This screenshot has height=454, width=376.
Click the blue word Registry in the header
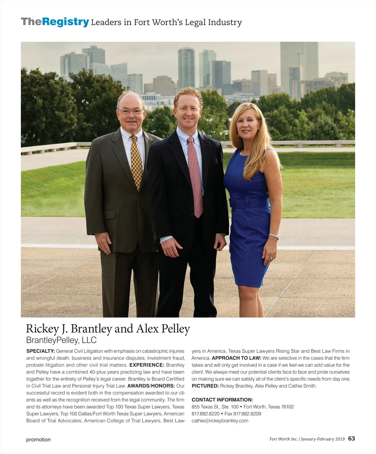pos(65,22)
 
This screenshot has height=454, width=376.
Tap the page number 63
pos(352,438)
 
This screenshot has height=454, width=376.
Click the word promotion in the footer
pos(38,440)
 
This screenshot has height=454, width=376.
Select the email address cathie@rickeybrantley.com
pos(220,420)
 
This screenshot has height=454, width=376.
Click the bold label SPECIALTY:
pos(41,351)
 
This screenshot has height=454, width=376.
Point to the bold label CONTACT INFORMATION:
pos(222,400)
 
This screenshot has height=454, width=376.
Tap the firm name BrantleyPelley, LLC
pos(61,340)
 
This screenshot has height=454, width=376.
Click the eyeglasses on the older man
pos(131,111)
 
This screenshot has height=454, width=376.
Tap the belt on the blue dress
pos(249,203)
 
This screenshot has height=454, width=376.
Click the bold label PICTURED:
pos(205,386)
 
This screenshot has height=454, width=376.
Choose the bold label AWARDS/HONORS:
pos(151,386)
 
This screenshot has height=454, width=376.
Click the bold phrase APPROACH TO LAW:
pos(237,358)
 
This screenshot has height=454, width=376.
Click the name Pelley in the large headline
pos(175,328)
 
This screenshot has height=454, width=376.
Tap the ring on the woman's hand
pos(271,258)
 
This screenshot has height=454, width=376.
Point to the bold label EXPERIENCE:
pos(147,365)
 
